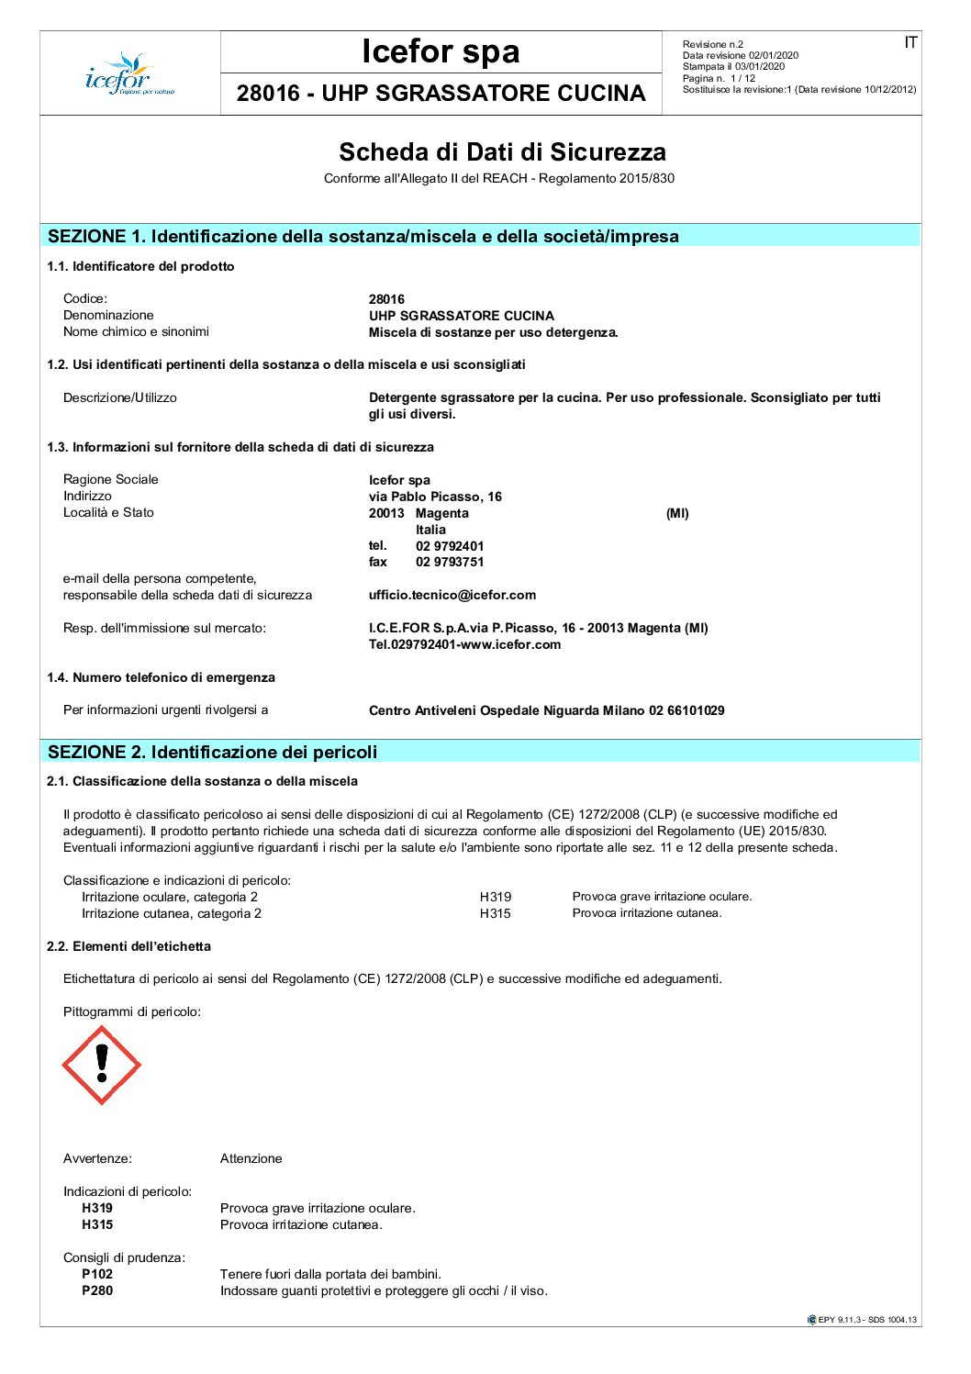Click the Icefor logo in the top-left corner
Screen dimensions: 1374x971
pos(128,73)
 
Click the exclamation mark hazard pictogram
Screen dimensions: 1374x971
pos(101,1065)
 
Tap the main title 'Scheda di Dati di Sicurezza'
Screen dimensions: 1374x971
pos(502,152)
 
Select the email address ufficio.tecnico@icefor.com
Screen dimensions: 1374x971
pos(452,595)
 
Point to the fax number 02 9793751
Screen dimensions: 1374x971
pos(450,562)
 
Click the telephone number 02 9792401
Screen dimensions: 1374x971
pos(450,546)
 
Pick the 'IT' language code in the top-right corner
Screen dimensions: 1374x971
pos(910,43)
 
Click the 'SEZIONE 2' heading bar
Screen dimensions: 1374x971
pos(480,752)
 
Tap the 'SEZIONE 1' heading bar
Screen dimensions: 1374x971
pos(480,236)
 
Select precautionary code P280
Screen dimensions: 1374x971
pos(97,1290)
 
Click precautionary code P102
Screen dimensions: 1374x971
pos(97,1274)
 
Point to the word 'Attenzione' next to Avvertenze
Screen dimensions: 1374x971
pos(251,1158)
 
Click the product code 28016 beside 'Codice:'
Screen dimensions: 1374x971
pos(386,299)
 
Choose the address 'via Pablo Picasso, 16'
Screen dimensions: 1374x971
pos(435,497)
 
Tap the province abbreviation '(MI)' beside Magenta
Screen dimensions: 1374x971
pos(677,513)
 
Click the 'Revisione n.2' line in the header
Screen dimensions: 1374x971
pos(713,44)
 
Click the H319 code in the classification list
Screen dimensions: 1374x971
pos(495,897)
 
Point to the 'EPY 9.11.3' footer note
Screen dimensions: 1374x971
pos(862,1320)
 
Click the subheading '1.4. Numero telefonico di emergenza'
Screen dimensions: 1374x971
pos(161,677)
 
